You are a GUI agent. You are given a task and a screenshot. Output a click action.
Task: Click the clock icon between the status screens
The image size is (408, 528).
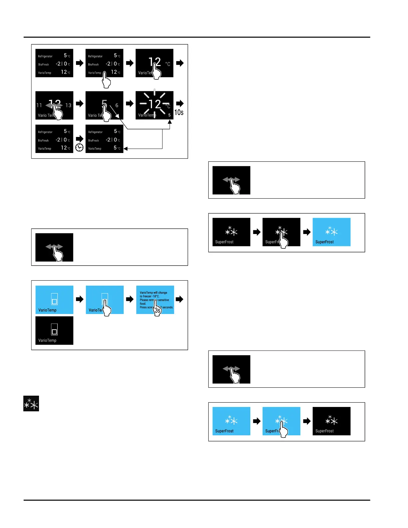click(x=79, y=147)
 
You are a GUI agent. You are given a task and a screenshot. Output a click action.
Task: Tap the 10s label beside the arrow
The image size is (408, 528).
click(x=179, y=113)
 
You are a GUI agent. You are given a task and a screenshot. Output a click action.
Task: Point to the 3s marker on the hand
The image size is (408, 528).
click(x=157, y=310)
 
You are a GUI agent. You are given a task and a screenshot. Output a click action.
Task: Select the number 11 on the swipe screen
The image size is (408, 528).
click(x=39, y=105)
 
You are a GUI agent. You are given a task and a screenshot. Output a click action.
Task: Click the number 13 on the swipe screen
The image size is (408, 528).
click(x=68, y=105)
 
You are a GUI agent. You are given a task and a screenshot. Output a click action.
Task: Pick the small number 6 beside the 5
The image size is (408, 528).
click(x=117, y=105)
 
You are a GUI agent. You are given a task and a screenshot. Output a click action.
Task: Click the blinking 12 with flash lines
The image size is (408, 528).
click(x=155, y=104)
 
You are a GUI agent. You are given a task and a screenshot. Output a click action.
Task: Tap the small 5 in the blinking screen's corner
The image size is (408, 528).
click(x=169, y=115)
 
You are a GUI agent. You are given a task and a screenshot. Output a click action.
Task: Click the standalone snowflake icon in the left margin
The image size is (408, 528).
click(x=31, y=404)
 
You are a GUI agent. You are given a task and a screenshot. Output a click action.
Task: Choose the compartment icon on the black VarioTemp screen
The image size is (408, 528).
click(x=54, y=329)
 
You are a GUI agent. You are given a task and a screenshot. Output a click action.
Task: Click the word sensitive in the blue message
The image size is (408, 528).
click(x=163, y=300)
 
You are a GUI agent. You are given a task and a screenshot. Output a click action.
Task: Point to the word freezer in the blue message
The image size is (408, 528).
click(x=147, y=296)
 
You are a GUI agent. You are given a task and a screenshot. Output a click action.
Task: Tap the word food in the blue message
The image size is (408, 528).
click(x=143, y=304)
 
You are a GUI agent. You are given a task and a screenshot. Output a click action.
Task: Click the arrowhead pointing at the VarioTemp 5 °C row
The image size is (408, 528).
click(x=126, y=149)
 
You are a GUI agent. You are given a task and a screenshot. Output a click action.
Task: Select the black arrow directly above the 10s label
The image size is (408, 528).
click(x=180, y=103)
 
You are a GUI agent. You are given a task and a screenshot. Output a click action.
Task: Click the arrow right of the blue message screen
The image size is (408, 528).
click(x=179, y=299)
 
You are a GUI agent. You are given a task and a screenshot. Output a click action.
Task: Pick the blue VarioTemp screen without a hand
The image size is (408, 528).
click(x=54, y=299)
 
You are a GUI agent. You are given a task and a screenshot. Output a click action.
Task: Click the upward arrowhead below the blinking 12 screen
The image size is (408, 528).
click(x=170, y=122)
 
